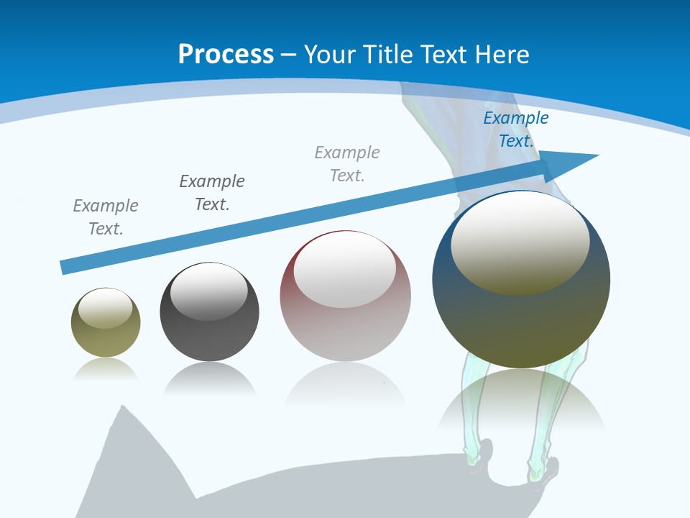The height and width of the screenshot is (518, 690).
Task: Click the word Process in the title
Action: [226, 54]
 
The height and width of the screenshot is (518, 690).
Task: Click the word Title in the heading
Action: [389, 54]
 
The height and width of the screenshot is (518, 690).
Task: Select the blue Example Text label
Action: [515, 129]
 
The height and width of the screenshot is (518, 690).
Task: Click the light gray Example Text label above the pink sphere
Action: [347, 164]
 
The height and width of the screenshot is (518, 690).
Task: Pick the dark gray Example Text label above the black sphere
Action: [212, 193]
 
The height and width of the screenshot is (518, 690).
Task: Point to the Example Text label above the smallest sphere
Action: [106, 217]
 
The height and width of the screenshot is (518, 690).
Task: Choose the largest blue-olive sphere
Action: [521, 317]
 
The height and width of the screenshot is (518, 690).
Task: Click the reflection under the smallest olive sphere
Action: [106, 368]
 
